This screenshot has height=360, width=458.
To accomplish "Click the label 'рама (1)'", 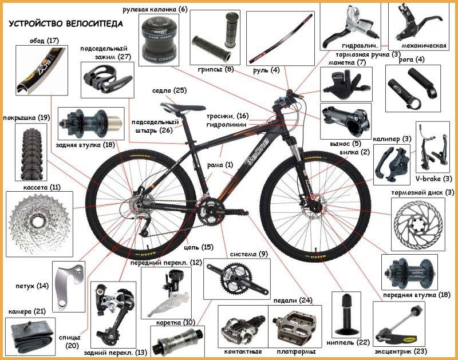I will (220, 165).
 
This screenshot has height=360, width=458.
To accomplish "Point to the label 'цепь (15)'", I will (199, 247).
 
